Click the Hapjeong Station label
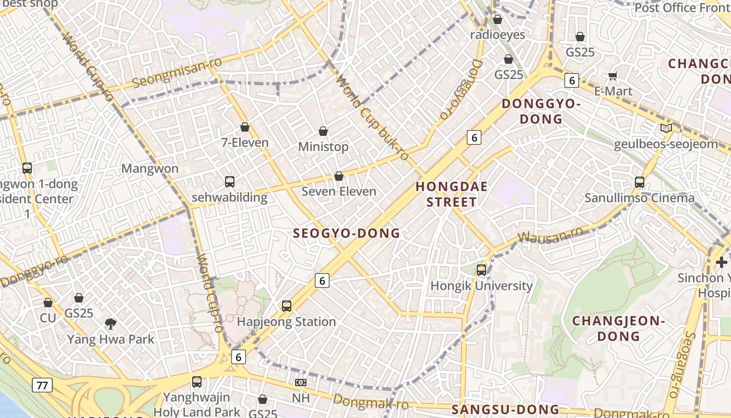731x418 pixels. coord(286,322)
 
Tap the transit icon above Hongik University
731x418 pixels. coord(481,270)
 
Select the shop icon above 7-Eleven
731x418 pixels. coord(245,127)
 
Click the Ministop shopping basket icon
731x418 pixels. coord(323,131)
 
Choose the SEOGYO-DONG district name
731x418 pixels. coord(347,234)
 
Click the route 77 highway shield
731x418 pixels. coord(42,386)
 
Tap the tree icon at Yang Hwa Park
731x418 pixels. coord(110,324)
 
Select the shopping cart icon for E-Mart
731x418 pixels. coord(613,76)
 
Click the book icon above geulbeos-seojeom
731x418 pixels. coord(666,129)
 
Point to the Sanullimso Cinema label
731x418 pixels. coord(639,198)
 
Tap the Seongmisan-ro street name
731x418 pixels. coord(177,73)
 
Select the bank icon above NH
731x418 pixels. coord(300,382)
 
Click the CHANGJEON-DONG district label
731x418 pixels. coord(619,328)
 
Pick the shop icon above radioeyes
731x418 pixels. coord(498,19)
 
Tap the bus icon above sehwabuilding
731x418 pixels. coord(230,182)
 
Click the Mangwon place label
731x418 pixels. coord(150,169)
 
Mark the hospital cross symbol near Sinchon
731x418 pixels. coord(722,262)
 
